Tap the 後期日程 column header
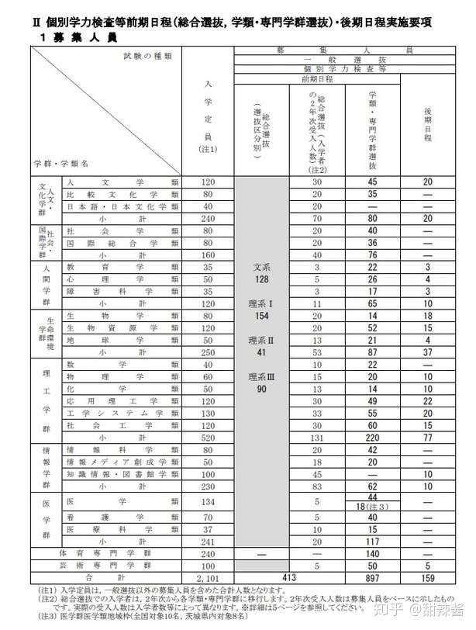pos(427,123)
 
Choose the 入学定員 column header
pos(206,116)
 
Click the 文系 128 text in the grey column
pos(261,272)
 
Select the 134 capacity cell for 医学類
pos(207,501)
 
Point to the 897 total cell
pos(372,578)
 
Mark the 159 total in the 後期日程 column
pos(427,578)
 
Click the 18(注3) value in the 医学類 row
pos(372,506)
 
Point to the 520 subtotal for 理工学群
pos(207,437)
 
